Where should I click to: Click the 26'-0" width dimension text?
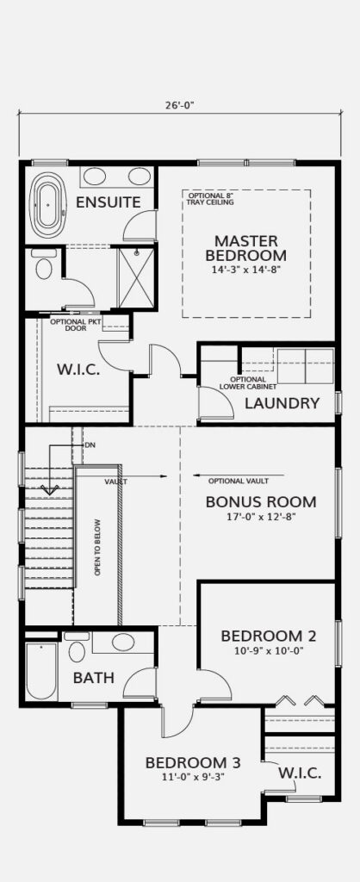179,104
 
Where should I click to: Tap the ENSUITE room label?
108,202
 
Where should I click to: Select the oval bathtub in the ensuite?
48,205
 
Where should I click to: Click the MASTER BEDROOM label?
245,248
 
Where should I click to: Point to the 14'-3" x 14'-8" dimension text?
245,270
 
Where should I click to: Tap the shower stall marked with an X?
136,277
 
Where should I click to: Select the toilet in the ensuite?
43,264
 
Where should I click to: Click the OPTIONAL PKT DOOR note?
69,325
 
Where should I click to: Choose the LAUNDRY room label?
282,403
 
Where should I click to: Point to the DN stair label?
90,445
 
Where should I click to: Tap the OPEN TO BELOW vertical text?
97,547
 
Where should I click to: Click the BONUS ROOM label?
260,502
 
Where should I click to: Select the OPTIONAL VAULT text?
238,481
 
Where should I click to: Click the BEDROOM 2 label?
269,637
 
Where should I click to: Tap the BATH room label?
93,678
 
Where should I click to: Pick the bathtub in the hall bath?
41,670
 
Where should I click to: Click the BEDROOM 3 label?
193,763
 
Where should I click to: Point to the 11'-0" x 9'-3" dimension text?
193,778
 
